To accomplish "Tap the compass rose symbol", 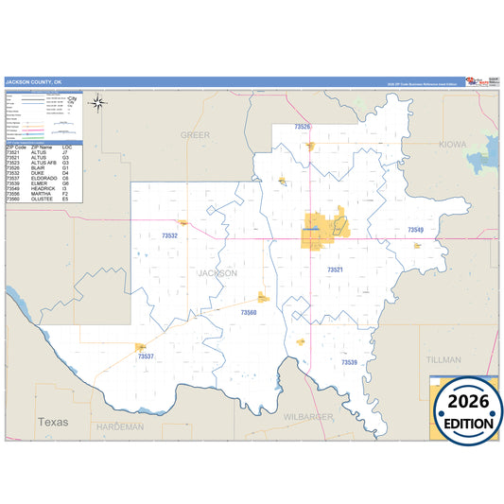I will (96, 104).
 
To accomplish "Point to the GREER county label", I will (195, 135).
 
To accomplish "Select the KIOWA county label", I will (454, 145).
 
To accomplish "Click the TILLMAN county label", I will (443, 359).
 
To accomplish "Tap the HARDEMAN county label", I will (120, 426).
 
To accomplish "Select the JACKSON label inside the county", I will (217, 272).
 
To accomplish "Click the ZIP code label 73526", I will (301, 127).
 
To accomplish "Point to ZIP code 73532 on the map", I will (170, 235).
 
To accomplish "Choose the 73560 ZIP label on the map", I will (249, 312).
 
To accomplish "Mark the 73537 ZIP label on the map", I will (146, 356).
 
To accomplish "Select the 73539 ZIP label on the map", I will (349, 362).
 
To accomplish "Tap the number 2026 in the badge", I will (468, 404).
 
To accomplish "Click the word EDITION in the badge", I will (468, 424).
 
